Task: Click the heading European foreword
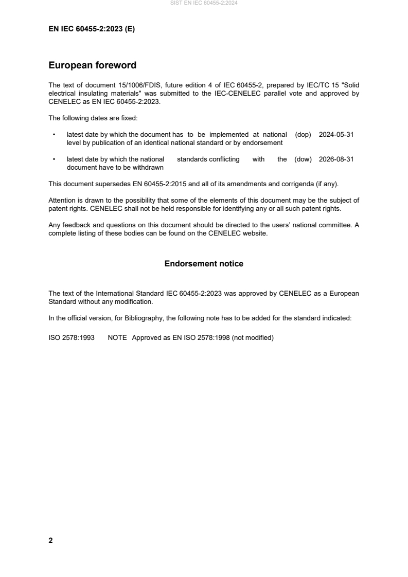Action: click(x=92, y=65)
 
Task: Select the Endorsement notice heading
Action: click(x=204, y=264)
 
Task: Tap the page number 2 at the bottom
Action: click(x=50, y=540)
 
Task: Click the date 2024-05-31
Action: click(x=336, y=135)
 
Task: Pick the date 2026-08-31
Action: click(x=336, y=159)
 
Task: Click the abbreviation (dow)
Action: click(x=303, y=159)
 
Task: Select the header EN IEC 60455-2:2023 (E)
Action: click(x=92, y=29)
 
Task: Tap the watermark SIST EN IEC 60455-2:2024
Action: click(x=204, y=3)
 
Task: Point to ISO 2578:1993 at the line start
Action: click(x=71, y=339)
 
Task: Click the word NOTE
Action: click(x=118, y=339)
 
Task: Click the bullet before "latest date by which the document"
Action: click(x=54, y=135)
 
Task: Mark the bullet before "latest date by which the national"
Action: click(x=54, y=159)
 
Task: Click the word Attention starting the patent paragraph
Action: click(x=62, y=200)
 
